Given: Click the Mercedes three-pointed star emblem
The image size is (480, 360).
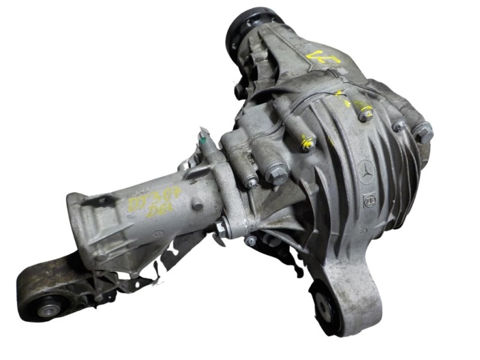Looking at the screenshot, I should pyautogui.click(x=367, y=173).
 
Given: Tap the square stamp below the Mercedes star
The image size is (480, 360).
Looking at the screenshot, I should pyautogui.click(x=370, y=200).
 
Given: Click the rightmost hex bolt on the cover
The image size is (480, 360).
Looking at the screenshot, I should pyautogui.click(x=424, y=133).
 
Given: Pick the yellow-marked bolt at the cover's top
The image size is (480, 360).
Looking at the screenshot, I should pyautogui.click(x=364, y=112).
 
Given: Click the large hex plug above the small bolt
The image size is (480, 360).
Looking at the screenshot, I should pyautogui.click(x=277, y=174).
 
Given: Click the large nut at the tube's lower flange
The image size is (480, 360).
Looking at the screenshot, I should pyautogui.click(x=221, y=227).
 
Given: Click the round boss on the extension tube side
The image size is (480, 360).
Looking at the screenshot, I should pyautogui.click(x=196, y=203).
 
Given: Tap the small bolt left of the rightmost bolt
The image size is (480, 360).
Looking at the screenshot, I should pyautogui.click(x=399, y=126).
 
